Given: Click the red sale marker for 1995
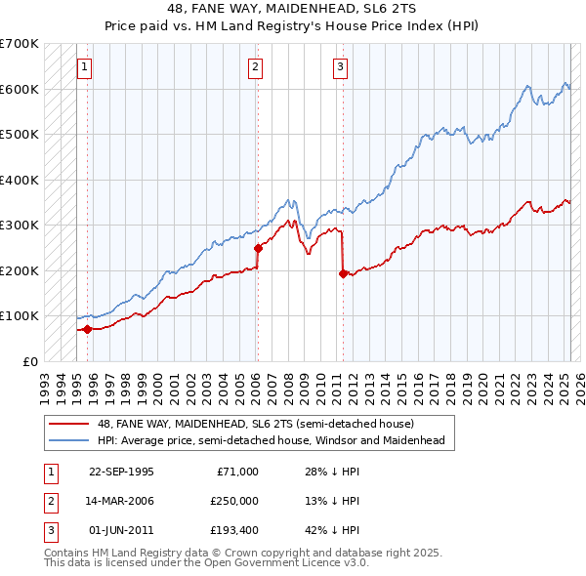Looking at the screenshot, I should [87, 329].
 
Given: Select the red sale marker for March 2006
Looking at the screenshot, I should [259, 248].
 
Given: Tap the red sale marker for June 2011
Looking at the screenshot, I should [343, 274].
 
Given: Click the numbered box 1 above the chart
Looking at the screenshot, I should [86, 67].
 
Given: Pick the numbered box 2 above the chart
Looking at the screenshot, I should [255, 67].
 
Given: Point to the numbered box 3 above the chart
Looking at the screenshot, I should [340, 67].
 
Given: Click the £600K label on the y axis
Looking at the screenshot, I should [20, 89].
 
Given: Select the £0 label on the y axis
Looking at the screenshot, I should [29, 361].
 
